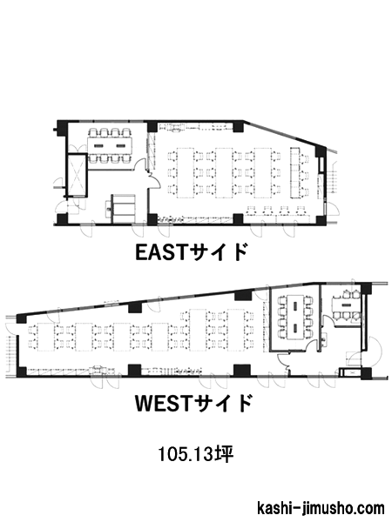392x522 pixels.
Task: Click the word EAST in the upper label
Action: [x=159, y=252]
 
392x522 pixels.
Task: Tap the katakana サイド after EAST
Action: [x=216, y=252]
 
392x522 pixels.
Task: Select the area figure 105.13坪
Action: [x=196, y=454]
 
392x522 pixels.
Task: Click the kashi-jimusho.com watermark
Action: [x=321, y=508]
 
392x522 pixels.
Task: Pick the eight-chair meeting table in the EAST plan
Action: [x=110, y=145]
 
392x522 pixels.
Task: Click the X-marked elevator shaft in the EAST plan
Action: [x=77, y=174]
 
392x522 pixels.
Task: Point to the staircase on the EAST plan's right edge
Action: [x=332, y=177]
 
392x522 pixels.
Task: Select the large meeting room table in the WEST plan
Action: [x=295, y=317]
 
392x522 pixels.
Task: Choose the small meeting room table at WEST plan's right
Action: [x=346, y=305]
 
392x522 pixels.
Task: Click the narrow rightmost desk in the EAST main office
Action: [x=295, y=173]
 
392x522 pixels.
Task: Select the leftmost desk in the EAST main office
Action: [x=185, y=173]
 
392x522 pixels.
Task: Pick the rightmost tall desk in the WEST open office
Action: [x=236, y=330]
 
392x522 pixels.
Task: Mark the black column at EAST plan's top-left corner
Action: [x=63, y=127]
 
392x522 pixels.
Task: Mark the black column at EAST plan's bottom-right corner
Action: [x=321, y=220]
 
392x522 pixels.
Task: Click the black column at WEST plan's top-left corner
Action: [x=21, y=318]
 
